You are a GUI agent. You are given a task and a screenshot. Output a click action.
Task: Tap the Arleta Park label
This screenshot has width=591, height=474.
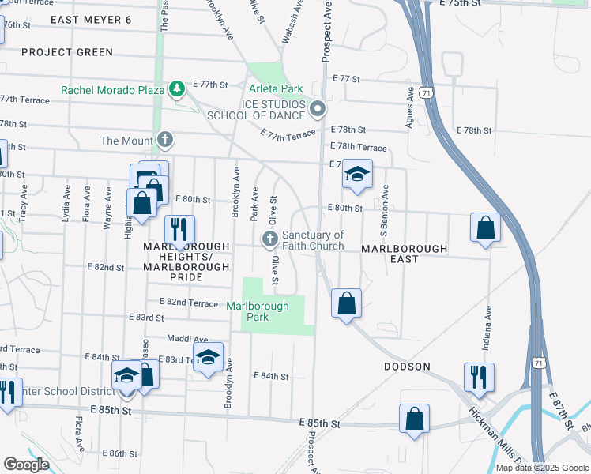pos(276,90)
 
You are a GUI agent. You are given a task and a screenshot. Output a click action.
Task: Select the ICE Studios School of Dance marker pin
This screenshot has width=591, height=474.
pos(318,108)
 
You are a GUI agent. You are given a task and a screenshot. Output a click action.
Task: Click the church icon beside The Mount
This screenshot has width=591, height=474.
pos(165,141)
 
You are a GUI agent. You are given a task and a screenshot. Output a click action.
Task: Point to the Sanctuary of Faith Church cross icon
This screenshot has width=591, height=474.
pos(269,239)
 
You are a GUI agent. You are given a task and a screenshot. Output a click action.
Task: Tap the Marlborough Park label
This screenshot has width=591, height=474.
pos(258,311)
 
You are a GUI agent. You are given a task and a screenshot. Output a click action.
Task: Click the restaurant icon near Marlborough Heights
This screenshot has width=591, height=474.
pos(179,229)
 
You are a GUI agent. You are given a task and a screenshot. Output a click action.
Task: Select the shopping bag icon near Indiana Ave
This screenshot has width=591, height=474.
pos(485,227)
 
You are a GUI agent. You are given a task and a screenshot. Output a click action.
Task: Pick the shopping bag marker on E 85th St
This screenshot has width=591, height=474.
pos(414,419)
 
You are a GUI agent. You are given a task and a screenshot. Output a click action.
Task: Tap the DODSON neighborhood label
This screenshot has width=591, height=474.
pos(407,367)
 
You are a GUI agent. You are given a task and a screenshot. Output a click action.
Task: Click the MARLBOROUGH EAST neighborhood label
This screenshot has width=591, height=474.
pos(404,249)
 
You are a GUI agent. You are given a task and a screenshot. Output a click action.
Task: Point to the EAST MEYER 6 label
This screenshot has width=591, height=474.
pos(91,19)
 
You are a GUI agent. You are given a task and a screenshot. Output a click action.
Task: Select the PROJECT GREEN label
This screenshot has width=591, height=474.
pos(67,52)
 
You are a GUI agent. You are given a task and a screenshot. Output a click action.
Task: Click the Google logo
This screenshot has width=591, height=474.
pos(26,464)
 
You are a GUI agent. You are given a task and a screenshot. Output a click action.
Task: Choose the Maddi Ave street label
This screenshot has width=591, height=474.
pos(187,339)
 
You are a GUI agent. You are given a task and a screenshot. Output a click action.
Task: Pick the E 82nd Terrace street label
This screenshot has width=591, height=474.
pos(189,303)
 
